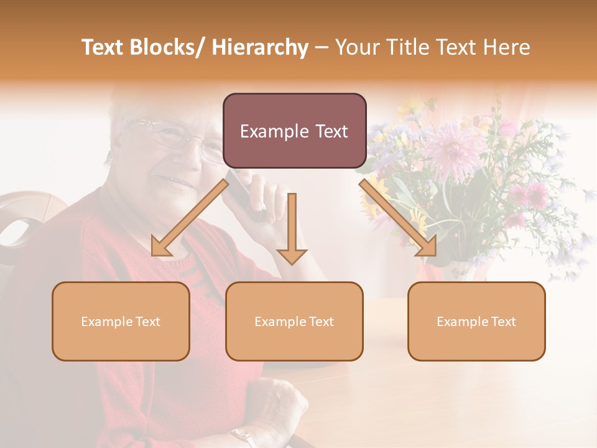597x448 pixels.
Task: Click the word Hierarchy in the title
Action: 259,48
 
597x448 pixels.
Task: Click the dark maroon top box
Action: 294,131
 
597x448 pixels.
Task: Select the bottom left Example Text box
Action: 121,321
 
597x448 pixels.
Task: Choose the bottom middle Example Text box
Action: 294,321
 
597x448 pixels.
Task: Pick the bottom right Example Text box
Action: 476,321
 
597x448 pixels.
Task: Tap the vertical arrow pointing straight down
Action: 292,230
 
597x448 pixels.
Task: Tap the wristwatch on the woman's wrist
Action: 243,436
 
